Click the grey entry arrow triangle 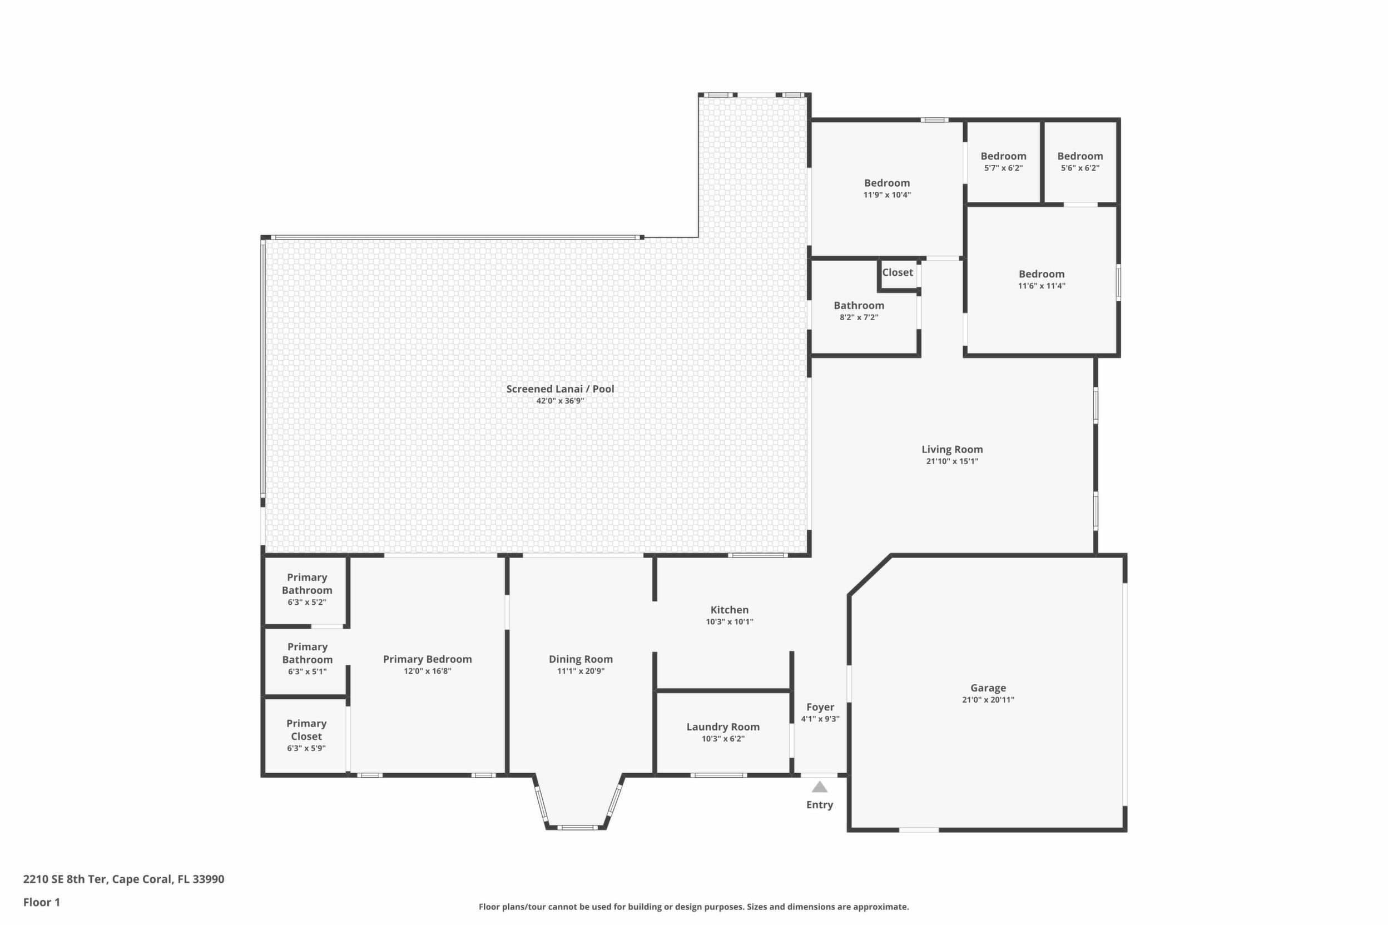pyautogui.click(x=820, y=787)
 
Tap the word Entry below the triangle pyautogui.click(x=820, y=805)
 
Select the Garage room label pyautogui.click(x=989, y=688)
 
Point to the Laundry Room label pyautogui.click(x=723, y=727)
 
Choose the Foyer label pyautogui.click(x=820, y=707)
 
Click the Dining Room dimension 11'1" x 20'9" pyautogui.click(x=581, y=671)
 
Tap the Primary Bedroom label pyautogui.click(x=427, y=659)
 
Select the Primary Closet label pyautogui.click(x=306, y=730)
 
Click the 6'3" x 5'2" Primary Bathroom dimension pyautogui.click(x=307, y=603)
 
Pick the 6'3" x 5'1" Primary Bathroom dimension pyautogui.click(x=307, y=672)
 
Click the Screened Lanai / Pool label pyautogui.click(x=560, y=389)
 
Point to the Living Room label pyautogui.click(x=953, y=450)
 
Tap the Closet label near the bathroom pyautogui.click(x=898, y=272)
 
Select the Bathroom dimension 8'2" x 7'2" pyautogui.click(x=859, y=317)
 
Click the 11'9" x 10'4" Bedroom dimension pyautogui.click(x=887, y=195)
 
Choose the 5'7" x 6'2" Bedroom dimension pyautogui.click(x=1003, y=168)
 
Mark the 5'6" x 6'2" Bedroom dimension pyautogui.click(x=1080, y=168)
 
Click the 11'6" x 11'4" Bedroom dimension pyautogui.click(x=1042, y=286)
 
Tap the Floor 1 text pyautogui.click(x=41, y=902)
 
